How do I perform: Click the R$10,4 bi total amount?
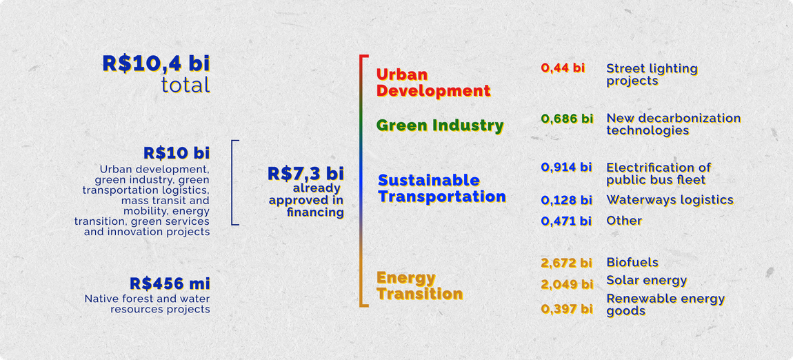coord(156,63)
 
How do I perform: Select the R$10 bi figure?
coord(177,152)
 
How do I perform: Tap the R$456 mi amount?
coord(170,283)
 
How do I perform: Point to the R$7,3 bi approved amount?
coord(305,174)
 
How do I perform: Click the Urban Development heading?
coord(432,83)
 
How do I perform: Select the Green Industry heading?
coord(440,126)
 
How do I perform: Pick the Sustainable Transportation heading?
coord(441,188)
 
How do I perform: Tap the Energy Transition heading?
coord(419,286)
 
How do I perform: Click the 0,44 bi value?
coord(563,68)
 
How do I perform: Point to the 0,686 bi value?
coord(567,119)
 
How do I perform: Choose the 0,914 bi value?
coord(566,168)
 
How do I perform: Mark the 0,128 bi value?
coord(566,200)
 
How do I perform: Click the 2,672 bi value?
coord(566,263)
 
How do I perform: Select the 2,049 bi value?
coord(566,284)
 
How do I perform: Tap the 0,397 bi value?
coord(566,308)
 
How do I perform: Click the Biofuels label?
coord(632,262)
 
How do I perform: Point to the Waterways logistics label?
coord(670,200)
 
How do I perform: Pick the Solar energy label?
coord(647,280)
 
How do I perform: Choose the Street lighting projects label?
coord(652,74)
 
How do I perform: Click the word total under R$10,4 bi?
coord(185,86)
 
